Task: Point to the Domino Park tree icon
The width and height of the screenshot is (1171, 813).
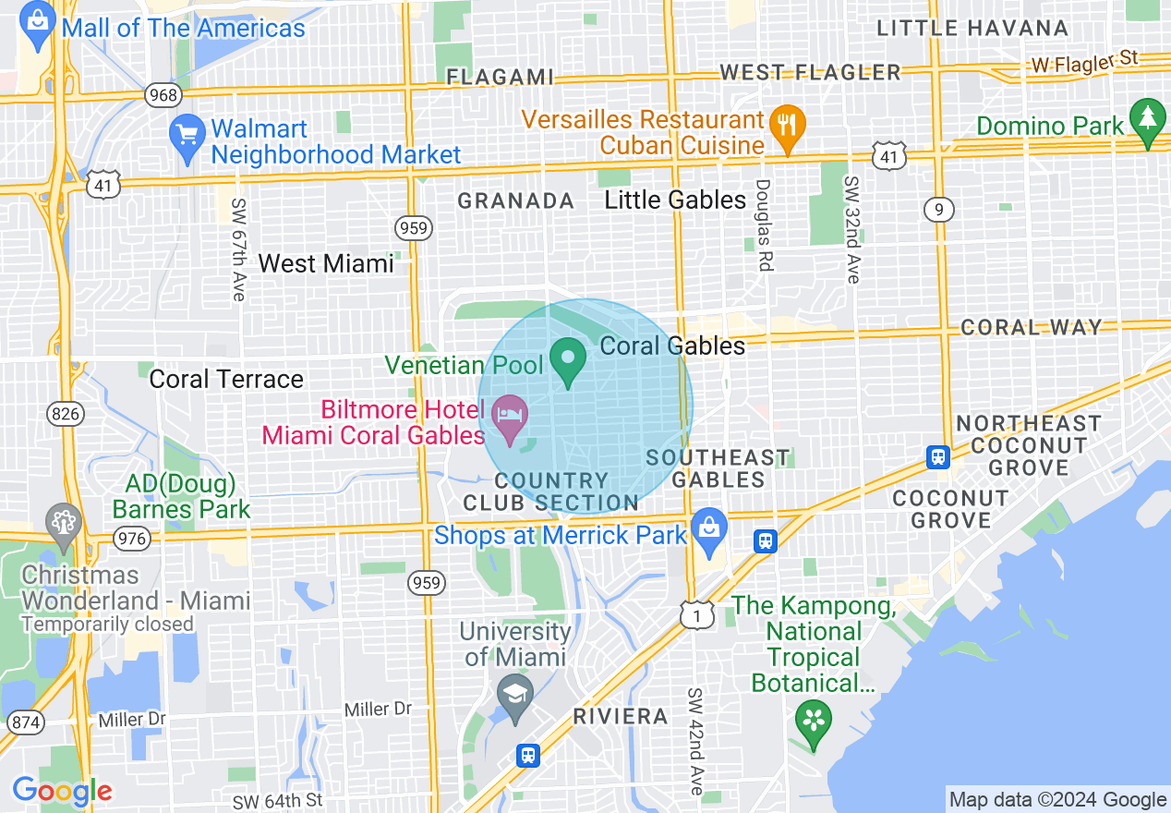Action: pyautogui.click(x=1148, y=120)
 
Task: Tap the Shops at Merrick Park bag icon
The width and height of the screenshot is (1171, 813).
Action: pyautogui.click(x=708, y=530)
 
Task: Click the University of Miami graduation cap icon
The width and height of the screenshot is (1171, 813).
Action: pyautogui.click(x=514, y=696)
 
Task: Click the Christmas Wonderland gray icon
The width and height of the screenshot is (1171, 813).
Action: pyautogui.click(x=64, y=524)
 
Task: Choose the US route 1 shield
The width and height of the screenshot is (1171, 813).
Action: pyautogui.click(x=697, y=615)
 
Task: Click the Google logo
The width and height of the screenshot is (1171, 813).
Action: pyautogui.click(x=62, y=791)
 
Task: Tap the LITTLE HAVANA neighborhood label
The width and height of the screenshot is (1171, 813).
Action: pyautogui.click(x=972, y=29)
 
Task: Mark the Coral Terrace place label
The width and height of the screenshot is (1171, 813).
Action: pyautogui.click(x=226, y=380)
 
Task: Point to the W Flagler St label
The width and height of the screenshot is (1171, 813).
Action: pyautogui.click(x=1084, y=61)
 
